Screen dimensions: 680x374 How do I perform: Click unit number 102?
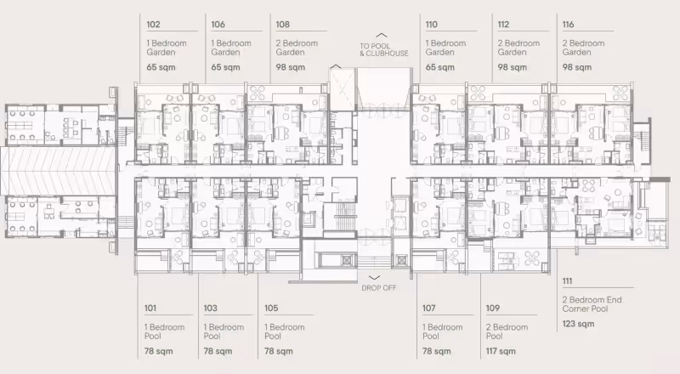click(x=153, y=25)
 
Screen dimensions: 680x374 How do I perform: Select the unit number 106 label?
click(x=218, y=25)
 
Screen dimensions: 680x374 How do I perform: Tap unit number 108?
click(x=283, y=25)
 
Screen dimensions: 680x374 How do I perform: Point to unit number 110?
click(x=432, y=25)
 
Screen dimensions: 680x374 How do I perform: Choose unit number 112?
click(x=503, y=25)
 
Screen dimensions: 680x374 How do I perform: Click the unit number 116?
click(x=568, y=25)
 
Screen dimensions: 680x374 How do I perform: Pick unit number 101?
click(x=150, y=308)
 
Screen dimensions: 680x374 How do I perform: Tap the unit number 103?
click(x=210, y=308)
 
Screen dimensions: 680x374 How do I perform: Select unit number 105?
click(x=271, y=308)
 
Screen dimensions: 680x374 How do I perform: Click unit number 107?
click(x=429, y=308)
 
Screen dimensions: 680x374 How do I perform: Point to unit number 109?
click(x=493, y=308)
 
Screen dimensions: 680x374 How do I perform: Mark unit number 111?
click(x=567, y=281)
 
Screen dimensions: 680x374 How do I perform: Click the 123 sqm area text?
click(x=579, y=324)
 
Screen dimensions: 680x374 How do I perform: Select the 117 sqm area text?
click(x=501, y=351)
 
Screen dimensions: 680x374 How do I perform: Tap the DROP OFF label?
click(x=379, y=287)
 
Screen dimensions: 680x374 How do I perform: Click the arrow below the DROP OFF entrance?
click(x=374, y=278)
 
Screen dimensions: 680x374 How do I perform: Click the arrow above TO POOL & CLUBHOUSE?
click(x=381, y=36)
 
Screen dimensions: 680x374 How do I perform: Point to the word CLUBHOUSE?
click(x=388, y=54)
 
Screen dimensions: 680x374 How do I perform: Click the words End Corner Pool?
click(x=592, y=304)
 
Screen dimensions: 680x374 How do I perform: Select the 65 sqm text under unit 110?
click(x=440, y=67)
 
